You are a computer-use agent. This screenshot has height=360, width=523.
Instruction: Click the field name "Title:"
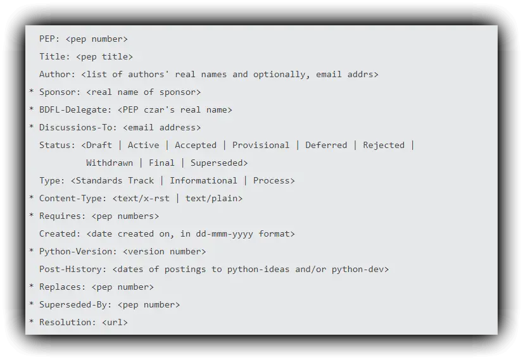(x=54, y=57)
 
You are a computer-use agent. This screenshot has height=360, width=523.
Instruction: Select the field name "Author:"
(x=57, y=75)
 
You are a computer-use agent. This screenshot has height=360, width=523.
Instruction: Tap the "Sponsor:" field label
(x=60, y=92)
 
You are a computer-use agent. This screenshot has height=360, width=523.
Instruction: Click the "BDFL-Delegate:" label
(x=75, y=110)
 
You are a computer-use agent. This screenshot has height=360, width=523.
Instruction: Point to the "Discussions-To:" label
(x=78, y=128)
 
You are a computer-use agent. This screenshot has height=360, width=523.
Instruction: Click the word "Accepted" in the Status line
(x=196, y=146)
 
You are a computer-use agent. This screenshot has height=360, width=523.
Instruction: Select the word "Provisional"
(x=261, y=146)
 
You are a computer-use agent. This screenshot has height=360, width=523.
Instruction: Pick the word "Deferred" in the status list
(x=326, y=146)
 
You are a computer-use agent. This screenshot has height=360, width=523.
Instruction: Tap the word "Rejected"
(x=384, y=146)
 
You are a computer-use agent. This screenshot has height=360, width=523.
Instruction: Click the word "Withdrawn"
(x=110, y=163)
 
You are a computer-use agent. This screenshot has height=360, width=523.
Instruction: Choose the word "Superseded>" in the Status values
(x=219, y=163)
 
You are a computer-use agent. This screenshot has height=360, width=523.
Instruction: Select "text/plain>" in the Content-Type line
(x=214, y=199)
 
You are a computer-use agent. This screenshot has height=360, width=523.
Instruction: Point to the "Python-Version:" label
(x=78, y=252)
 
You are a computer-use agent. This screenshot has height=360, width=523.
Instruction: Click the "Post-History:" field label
(x=73, y=270)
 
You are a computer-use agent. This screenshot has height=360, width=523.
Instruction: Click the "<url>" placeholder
(x=115, y=323)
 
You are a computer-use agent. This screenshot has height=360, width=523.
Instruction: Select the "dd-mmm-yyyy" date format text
(x=224, y=234)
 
